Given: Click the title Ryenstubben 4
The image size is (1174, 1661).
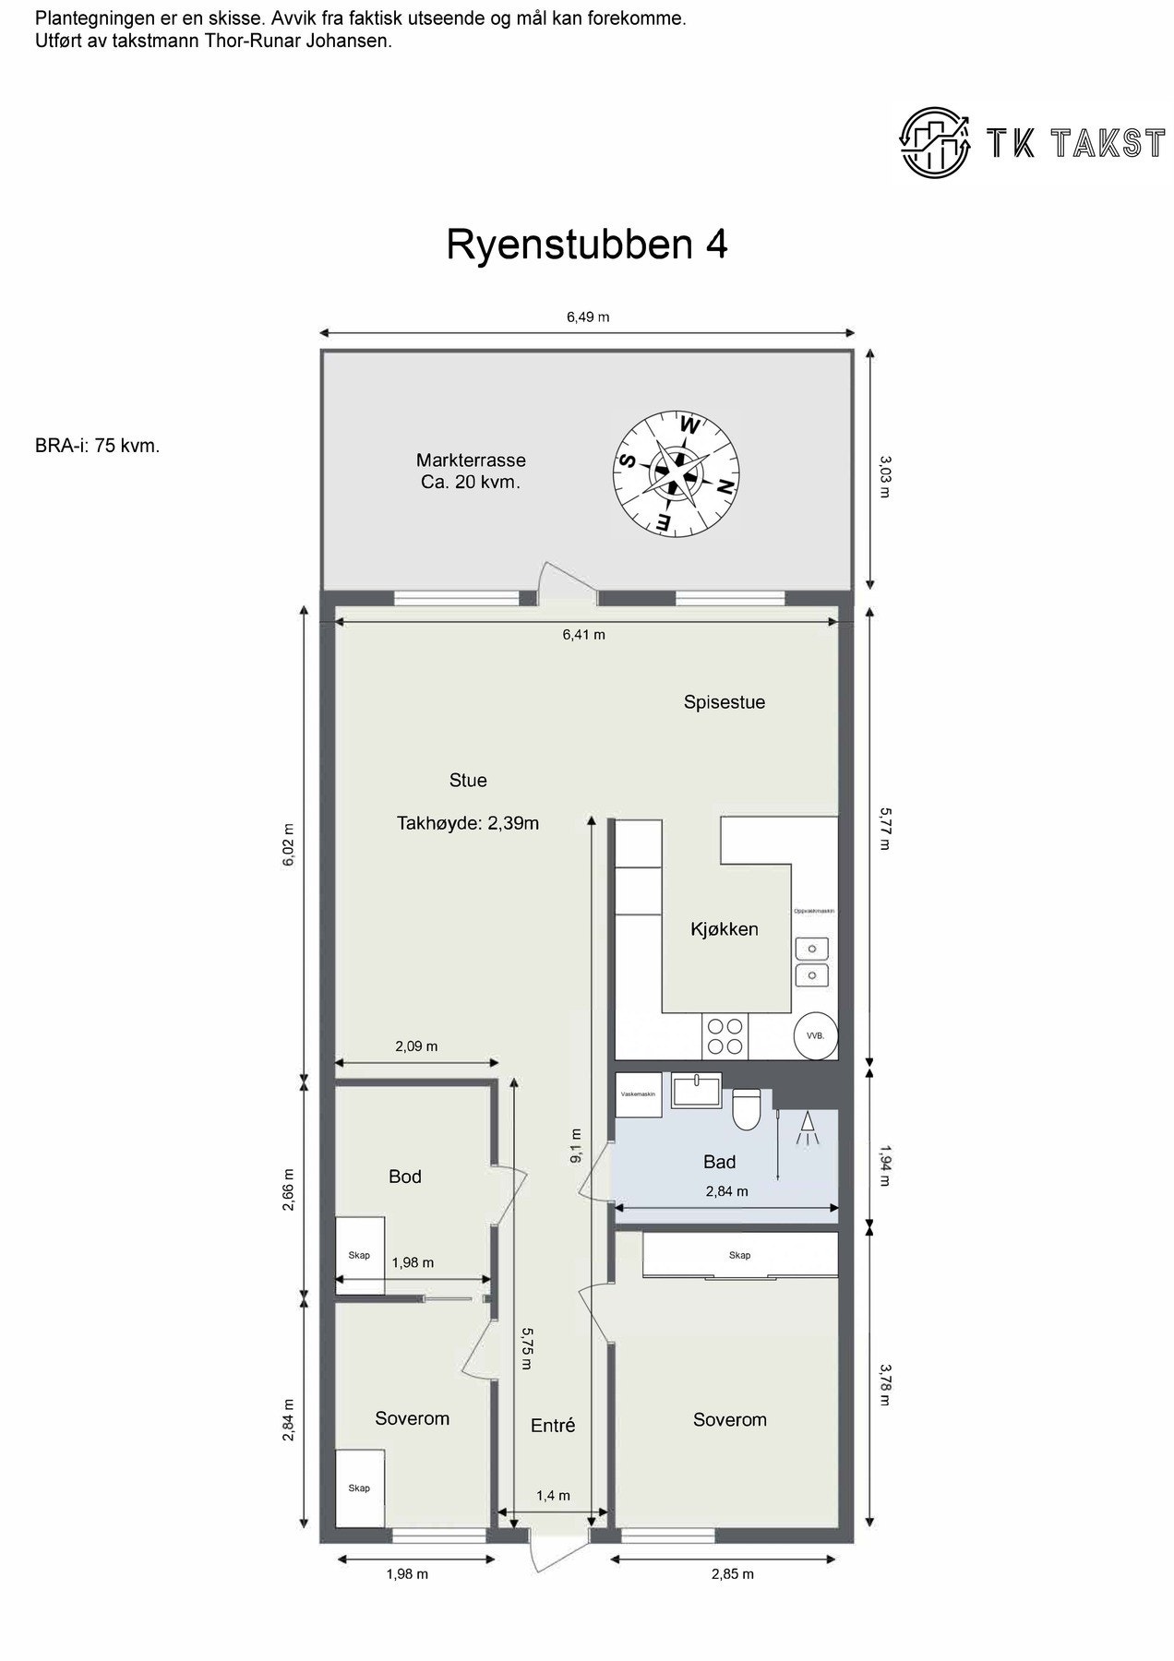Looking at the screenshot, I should coord(587,245).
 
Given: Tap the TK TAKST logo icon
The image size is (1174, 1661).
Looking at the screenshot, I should coord(937,141).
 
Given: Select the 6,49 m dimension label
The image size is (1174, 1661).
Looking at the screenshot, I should coord(587,317).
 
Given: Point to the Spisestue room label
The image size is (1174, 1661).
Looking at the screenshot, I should coord(724,702).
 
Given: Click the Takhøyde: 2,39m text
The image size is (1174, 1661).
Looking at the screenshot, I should coord(467,823).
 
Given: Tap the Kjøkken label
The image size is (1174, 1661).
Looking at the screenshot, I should coord(724,929).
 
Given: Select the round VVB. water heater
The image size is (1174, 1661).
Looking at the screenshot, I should coord(816,1035).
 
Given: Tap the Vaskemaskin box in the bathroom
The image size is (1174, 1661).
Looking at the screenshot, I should coord(638,1094).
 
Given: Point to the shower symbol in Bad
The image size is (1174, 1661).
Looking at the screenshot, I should coord(808,1128).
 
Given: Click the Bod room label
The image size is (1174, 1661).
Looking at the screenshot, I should coord(404,1177).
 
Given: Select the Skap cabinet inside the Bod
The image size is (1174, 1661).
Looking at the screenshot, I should coord(359,1255).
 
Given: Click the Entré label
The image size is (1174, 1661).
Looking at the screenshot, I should coord(553,1426).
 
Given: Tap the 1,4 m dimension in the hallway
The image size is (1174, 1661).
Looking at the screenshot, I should coord(553,1496).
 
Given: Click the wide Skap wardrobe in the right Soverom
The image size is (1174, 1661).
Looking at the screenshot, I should coord(739,1255).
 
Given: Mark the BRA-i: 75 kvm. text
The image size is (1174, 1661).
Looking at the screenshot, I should coord(98,446).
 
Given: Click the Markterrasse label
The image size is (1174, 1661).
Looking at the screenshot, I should coord(471,471).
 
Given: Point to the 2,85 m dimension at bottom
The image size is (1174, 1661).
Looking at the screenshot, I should coord(732,1574).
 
